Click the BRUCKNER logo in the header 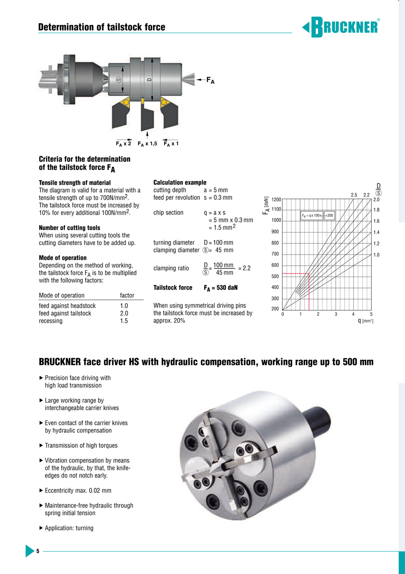click(x=341, y=27)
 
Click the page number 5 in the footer click(x=38, y=551)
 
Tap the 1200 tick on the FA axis click(x=276, y=199)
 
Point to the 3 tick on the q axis click(x=336, y=314)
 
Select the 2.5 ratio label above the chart click(x=354, y=195)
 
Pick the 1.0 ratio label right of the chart click(x=376, y=255)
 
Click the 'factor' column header click(x=127, y=296)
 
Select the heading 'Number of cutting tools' click(x=69, y=228)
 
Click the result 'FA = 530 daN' click(x=220, y=288)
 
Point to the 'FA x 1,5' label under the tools click(x=147, y=144)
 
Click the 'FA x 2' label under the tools click(x=123, y=144)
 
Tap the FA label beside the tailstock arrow click(x=210, y=81)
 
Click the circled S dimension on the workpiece click(x=119, y=80)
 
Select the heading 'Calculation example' click(x=180, y=182)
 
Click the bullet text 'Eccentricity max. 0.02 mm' click(x=78, y=491)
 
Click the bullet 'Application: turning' click(x=69, y=528)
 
